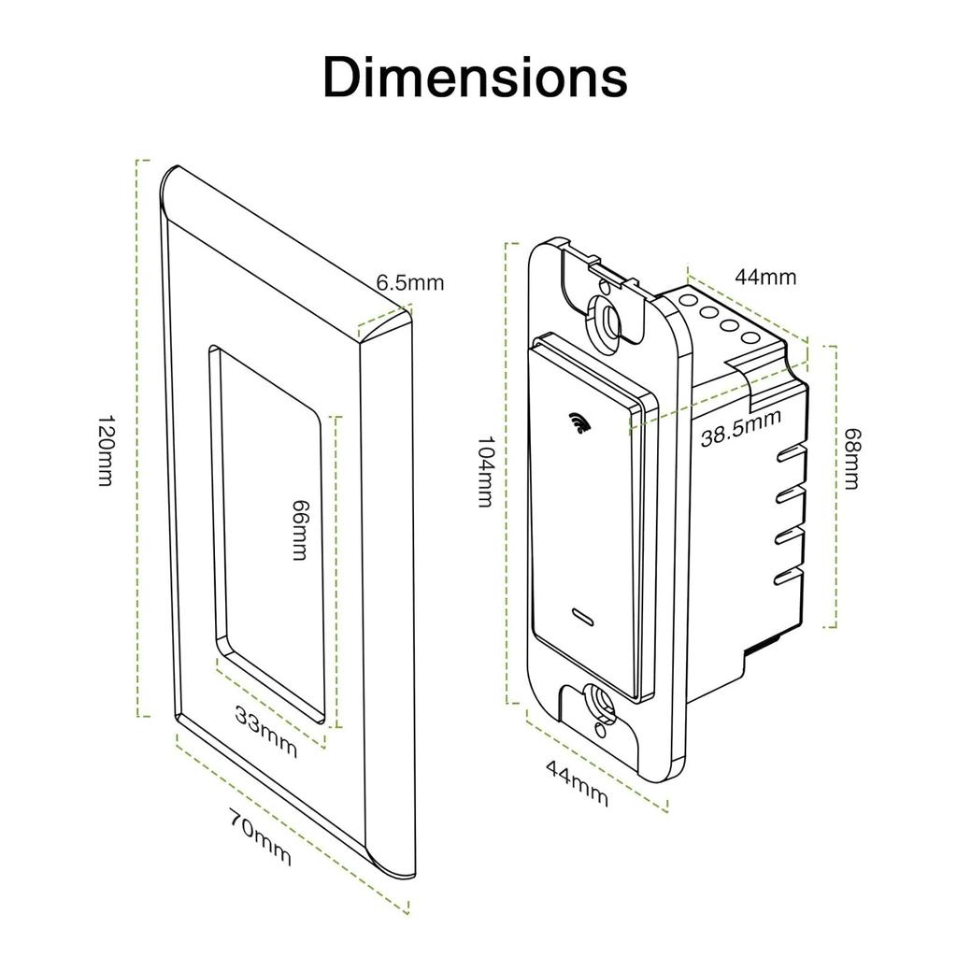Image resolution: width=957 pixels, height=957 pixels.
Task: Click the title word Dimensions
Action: click(x=475, y=78)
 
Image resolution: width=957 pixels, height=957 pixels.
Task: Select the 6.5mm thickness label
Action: click(x=409, y=282)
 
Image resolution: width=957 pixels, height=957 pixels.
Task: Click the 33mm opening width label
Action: click(x=266, y=732)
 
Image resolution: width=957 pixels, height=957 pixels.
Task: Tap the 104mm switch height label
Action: click(x=483, y=471)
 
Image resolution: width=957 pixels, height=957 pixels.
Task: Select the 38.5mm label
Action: click(x=740, y=427)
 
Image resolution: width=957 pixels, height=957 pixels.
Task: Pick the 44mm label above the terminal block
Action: click(x=764, y=277)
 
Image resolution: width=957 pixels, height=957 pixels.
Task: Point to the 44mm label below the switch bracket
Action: click(x=577, y=782)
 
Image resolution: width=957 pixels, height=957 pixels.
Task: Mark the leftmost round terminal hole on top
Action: click(x=690, y=302)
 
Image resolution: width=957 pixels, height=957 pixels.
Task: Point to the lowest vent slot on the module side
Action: click(x=790, y=574)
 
